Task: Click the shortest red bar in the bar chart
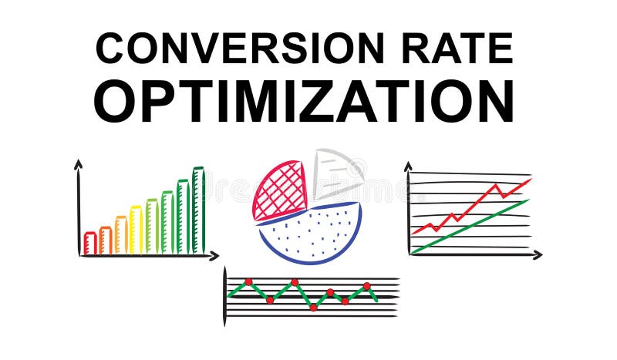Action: click(x=90, y=243)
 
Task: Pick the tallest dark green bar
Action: click(x=198, y=210)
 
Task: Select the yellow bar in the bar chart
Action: click(x=136, y=230)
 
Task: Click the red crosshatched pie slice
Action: click(x=278, y=189)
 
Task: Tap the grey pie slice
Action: click(x=335, y=173)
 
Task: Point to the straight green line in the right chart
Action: click(x=470, y=226)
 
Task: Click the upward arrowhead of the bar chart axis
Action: click(x=78, y=163)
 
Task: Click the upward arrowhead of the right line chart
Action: click(x=408, y=166)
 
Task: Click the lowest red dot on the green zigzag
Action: click(x=313, y=307)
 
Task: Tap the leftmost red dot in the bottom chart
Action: click(x=248, y=282)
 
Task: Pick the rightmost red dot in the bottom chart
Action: click(x=367, y=286)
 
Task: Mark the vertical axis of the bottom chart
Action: click(x=225, y=297)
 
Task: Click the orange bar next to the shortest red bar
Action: click(x=106, y=240)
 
